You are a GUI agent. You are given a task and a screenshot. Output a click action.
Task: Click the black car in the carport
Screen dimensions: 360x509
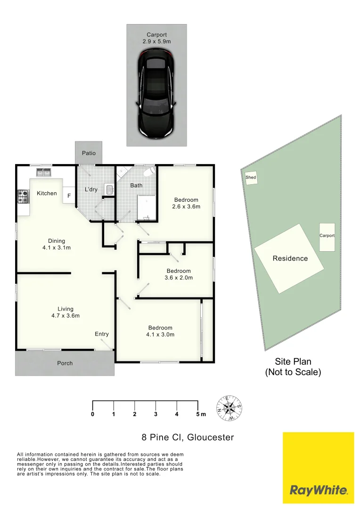point(156,93)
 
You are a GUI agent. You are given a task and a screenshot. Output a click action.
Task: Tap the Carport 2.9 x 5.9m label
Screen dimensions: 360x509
point(157,38)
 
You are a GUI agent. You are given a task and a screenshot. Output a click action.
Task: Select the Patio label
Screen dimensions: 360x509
point(89,153)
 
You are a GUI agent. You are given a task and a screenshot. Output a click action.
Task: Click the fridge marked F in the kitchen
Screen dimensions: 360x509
point(69,196)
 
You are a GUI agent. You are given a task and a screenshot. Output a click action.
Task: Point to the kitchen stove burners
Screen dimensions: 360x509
point(23,196)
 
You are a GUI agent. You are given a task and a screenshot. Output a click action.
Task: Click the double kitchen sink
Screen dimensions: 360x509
point(43,172)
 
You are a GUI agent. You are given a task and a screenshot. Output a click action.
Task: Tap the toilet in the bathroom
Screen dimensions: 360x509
point(149,171)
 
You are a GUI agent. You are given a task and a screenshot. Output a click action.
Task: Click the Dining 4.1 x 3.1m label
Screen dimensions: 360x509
point(57,244)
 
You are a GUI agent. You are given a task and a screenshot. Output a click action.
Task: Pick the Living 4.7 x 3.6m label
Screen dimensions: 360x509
point(65,312)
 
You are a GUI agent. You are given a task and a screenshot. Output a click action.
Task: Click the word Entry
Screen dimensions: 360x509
point(102,334)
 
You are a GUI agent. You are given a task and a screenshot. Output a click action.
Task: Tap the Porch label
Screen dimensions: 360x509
point(65,363)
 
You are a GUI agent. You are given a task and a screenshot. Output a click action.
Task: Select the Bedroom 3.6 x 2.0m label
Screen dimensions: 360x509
point(179,274)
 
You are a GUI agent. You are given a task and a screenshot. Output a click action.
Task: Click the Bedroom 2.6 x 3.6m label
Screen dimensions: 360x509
point(186,203)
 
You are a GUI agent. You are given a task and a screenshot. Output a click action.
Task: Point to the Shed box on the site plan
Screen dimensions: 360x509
point(251,178)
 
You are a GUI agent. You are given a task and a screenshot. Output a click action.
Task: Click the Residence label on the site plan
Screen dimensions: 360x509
point(290,258)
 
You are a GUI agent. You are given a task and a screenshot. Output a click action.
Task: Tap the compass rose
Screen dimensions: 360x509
point(229,408)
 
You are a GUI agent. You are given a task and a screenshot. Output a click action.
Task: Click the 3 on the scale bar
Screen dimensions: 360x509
point(155,414)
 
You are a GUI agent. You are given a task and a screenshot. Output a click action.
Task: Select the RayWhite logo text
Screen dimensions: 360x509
point(319,490)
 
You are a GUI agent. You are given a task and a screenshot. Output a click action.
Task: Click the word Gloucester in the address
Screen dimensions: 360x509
point(211,437)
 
